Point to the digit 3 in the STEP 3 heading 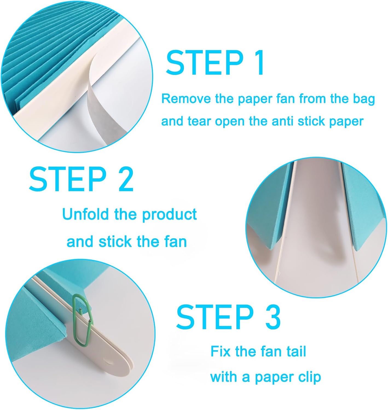[272, 317]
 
